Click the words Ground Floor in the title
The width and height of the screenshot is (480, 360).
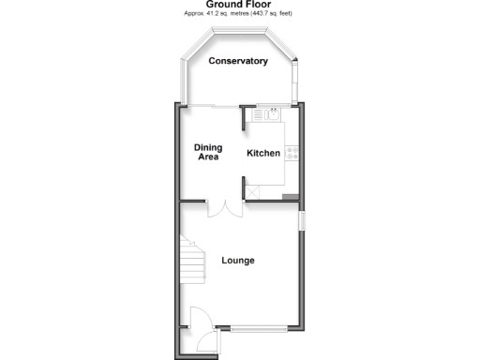238,5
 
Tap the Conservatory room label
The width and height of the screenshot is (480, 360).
238,62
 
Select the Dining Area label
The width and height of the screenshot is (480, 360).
207,152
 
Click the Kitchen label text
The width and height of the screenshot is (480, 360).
263,153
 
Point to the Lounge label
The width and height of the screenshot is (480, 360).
238,260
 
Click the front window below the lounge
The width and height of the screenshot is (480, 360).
261,329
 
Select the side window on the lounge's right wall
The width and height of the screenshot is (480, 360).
302,222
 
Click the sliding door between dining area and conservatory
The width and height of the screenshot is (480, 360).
225,105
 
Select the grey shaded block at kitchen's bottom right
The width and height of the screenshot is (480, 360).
292,196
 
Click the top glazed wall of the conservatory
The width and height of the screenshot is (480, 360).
238,31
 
